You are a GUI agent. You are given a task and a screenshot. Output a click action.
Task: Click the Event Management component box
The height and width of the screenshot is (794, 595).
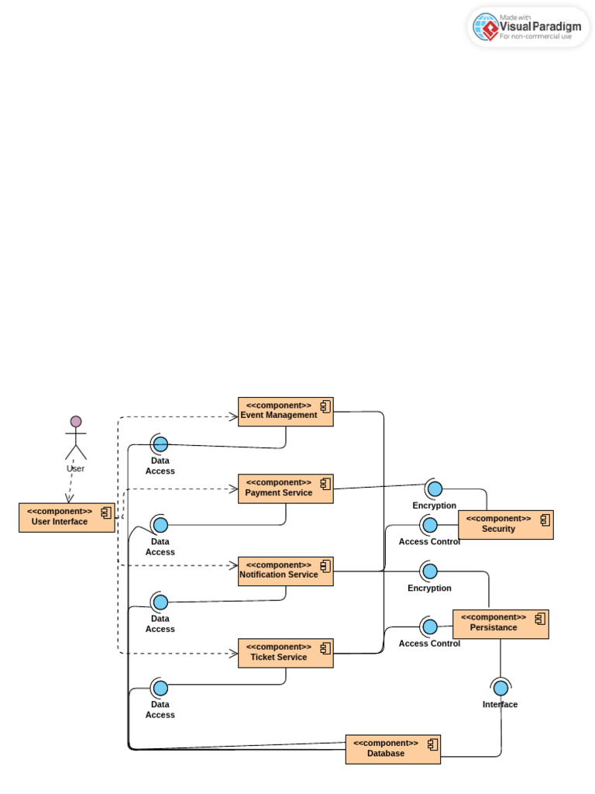click(x=285, y=412)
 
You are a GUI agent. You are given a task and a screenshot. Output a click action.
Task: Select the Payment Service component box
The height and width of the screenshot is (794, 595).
click(x=285, y=488)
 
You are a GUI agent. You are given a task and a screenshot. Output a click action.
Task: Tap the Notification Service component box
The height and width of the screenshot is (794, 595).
click(x=285, y=571)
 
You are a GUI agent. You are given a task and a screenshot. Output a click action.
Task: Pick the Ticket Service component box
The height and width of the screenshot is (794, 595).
click(x=285, y=653)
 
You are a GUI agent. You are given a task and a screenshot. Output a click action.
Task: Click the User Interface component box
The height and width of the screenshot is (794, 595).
click(x=67, y=517)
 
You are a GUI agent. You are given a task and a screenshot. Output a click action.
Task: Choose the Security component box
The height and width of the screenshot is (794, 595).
click(x=506, y=525)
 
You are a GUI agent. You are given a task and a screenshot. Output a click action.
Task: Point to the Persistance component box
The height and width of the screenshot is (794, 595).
click(x=500, y=624)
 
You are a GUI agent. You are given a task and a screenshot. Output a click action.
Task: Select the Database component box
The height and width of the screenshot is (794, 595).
click(x=393, y=749)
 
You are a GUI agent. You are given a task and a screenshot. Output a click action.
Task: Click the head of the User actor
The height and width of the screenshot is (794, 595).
click(x=76, y=421)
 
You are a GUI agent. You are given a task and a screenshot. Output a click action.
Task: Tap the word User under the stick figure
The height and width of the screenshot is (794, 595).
click(x=76, y=468)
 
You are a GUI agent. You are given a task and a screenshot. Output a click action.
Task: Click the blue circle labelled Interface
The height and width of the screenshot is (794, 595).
click(x=501, y=688)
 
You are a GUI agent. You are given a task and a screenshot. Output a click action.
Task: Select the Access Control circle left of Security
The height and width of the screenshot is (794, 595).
click(x=430, y=525)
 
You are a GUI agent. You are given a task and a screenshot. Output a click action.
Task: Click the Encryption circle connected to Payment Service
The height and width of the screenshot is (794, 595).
click(x=435, y=488)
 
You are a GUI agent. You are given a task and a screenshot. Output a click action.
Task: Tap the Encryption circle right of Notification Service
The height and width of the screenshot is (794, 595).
click(x=430, y=571)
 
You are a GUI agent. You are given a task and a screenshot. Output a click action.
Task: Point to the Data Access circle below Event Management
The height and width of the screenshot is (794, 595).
click(x=160, y=444)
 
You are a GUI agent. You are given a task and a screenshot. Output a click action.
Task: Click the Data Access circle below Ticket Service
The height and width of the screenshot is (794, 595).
click(x=160, y=688)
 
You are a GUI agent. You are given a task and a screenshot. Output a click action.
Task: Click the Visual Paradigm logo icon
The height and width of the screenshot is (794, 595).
click(x=487, y=27)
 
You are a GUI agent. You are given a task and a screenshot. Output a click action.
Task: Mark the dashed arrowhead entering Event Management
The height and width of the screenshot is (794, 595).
click(x=233, y=417)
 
